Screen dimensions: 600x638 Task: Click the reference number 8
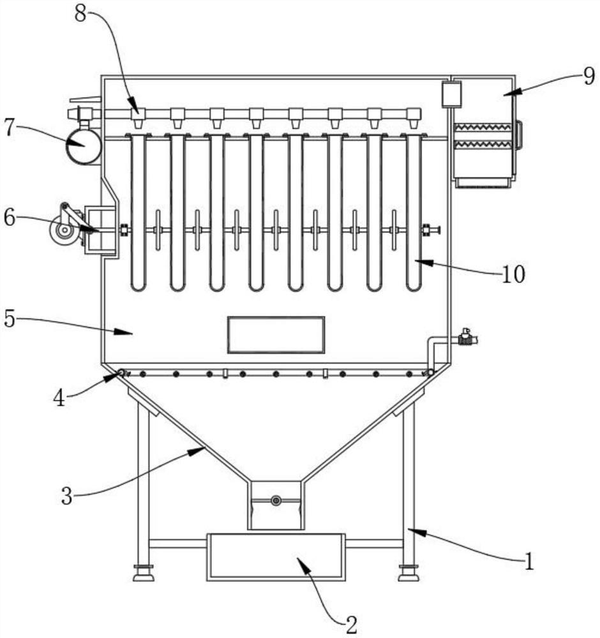[80, 14]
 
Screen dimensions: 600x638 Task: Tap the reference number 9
[589, 76]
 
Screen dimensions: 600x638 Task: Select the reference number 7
[10, 128]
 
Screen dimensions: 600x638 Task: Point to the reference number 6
[10, 218]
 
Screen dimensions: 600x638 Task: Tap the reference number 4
[59, 398]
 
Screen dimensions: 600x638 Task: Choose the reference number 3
[67, 496]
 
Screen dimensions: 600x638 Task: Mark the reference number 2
[351, 625]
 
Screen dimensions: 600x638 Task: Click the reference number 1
[529, 561]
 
